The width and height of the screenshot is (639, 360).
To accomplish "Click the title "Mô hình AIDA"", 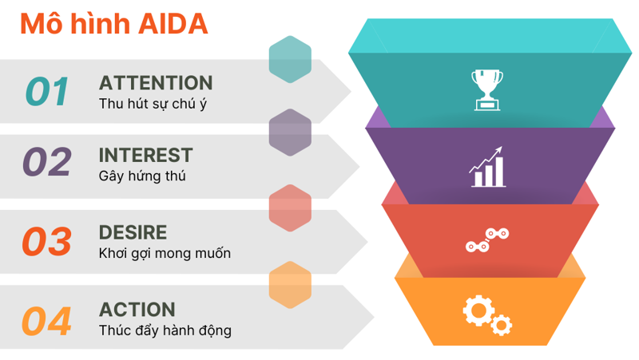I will tap(113, 24).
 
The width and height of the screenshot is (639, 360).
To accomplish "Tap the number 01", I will tap(48, 92).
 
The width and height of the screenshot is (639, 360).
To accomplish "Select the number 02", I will tap(47, 162).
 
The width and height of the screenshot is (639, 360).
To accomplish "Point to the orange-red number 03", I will tap(47, 242).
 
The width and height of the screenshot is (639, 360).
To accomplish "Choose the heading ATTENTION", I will tap(156, 83).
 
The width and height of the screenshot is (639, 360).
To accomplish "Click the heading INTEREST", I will tap(145, 155).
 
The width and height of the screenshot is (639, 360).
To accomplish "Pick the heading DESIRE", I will tap(133, 232).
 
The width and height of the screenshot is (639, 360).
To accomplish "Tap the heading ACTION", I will tap(137, 310).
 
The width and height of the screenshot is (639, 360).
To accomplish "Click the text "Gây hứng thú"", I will tap(142, 176).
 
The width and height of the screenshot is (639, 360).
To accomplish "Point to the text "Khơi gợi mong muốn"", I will tap(165, 254).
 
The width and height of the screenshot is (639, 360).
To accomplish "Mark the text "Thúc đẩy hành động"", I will tap(165, 330).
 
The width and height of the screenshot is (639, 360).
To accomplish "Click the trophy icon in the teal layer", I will tap(486, 89).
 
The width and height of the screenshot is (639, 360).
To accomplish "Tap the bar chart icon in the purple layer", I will tap(486, 167).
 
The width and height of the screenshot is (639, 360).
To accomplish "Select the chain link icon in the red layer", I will tap(487, 240).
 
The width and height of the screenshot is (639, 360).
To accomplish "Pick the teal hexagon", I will tap(290, 60).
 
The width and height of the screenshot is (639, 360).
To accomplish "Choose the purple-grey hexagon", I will tap(290, 133).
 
